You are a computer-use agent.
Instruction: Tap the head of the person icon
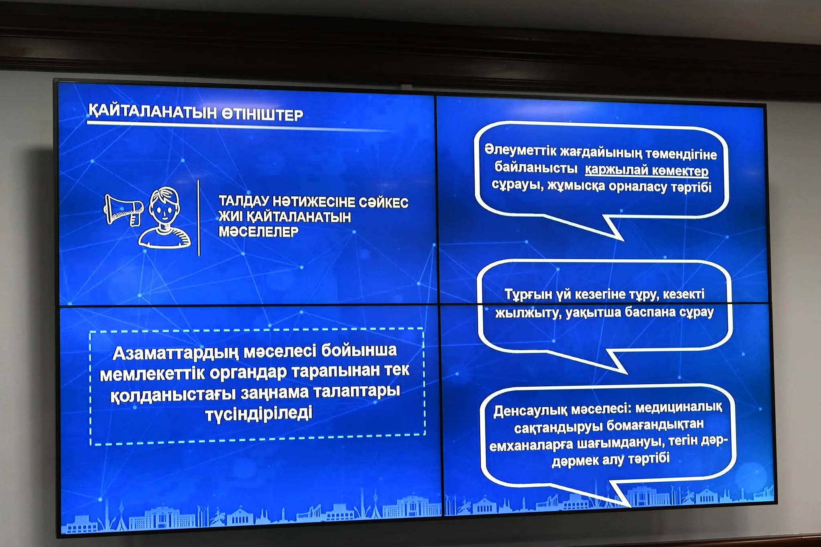pyautogui.click(x=164, y=206)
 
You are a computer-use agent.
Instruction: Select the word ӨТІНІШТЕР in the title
pyautogui.click(x=263, y=115)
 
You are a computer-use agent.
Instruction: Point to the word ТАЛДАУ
pyautogui.click(x=243, y=201)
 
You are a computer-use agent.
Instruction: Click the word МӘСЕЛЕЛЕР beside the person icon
pyautogui.click(x=259, y=232)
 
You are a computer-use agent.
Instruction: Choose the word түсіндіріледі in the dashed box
pyautogui.click(x=259, y=414)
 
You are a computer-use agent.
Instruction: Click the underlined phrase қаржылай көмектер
pyautogui.click(x=647, y=170)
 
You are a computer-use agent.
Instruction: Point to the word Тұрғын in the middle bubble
pyautogui.click(x=528, y=295)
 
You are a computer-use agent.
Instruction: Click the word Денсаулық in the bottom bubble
pyautogui.click(x=530, y=410)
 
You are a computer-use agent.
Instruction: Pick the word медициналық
pyautogui.click(x=679, y=408)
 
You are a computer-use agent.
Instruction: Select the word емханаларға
pyautogui.click(x=531, y=445)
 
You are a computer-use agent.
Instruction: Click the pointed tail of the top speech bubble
pyautogui.click(x=621, y=239)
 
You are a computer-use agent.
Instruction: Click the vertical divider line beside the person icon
pyautogui.click(x=199, y=218)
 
